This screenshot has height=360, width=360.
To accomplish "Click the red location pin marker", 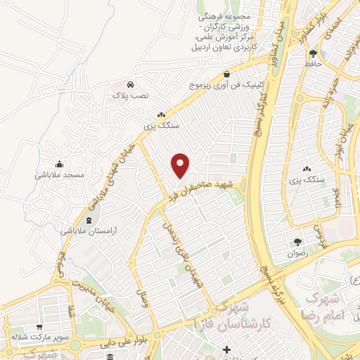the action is pos(181,165).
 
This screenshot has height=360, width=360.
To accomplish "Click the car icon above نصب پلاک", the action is pos(131,82).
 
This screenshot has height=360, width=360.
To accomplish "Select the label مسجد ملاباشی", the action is pos(60,174).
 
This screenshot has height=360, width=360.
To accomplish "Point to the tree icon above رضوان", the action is pos(297,240).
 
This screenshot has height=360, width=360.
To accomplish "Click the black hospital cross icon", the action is pos(226,350).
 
